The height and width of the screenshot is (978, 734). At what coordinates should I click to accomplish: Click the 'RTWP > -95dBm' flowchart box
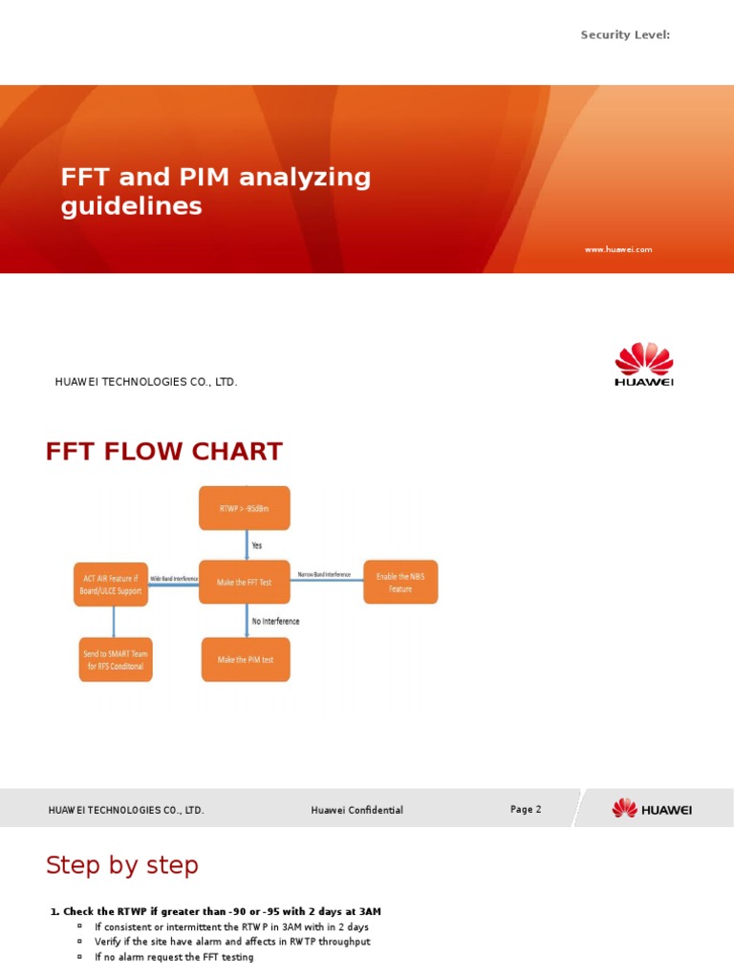[245, 508]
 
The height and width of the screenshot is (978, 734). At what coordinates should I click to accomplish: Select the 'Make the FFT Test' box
[245, 582]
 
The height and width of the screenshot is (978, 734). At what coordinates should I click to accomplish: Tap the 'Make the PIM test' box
[245, 659]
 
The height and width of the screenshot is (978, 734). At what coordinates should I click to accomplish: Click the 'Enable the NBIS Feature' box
[400, 582]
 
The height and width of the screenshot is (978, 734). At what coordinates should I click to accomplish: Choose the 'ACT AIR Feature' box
[111, 584]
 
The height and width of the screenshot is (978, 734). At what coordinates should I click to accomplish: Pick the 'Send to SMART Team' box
[114, 660]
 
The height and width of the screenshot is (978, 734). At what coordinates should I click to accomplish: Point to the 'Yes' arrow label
[256, 545]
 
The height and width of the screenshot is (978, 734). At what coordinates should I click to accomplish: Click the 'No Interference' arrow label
[275, 621]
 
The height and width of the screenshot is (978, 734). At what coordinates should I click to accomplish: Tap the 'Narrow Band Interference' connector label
[324, 575]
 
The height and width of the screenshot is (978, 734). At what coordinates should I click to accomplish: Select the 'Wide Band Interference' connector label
[174, 579]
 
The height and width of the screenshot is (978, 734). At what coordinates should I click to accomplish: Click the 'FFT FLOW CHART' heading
[163, 452]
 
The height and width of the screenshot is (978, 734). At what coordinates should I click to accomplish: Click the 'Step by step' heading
[122, 865]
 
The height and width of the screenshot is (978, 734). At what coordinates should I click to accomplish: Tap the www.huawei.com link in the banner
[618, 249]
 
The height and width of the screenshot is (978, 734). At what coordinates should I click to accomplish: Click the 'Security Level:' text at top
[626, 35]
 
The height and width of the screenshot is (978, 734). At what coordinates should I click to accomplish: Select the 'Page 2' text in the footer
[526, 809]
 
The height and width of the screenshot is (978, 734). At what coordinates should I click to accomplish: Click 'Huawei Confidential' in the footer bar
[356, 810]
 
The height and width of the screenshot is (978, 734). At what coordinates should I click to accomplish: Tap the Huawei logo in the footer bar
[652, 809]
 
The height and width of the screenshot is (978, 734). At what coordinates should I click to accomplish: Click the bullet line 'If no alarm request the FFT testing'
[174, 957]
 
